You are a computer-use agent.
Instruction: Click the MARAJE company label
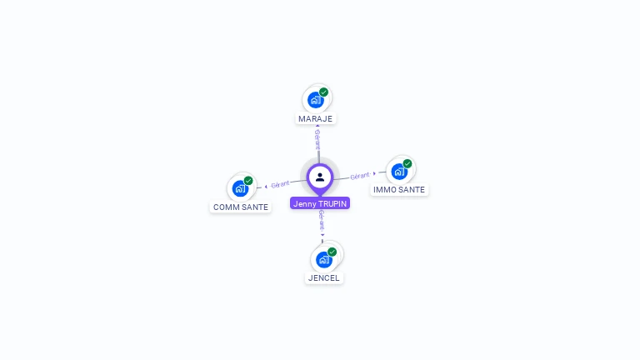315,118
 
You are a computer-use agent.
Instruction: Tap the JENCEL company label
324,277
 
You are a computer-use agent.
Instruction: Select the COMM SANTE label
241,207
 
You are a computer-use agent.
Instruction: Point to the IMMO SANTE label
399,189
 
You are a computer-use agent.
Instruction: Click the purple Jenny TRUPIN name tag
320,203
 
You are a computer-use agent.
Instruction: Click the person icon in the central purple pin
320,177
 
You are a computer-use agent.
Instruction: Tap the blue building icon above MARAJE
315,100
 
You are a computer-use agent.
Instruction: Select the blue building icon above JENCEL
323,259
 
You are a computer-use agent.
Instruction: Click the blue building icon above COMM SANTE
240,188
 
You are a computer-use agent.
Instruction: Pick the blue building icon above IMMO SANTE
399,172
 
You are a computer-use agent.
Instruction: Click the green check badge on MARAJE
324,92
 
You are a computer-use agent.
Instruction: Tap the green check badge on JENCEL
332,252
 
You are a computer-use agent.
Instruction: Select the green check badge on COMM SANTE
248,181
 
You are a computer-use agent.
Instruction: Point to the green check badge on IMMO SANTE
407,164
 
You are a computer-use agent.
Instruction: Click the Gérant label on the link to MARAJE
317,139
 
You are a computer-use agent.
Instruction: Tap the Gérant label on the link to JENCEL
322,221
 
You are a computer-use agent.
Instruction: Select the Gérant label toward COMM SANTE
280,184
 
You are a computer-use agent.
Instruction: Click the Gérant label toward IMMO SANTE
360,176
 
